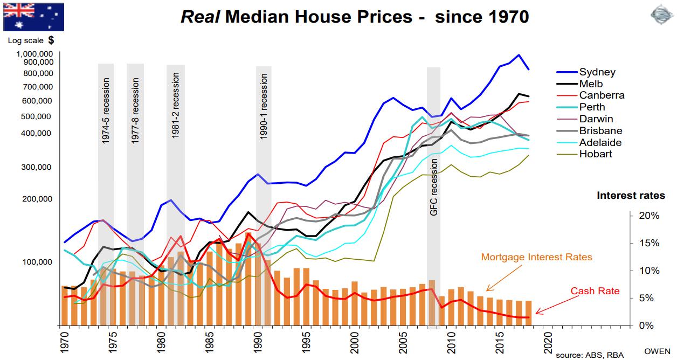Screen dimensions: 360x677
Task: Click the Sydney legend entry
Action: (x=597, y=72)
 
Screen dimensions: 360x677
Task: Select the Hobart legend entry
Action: (x=596, y=154)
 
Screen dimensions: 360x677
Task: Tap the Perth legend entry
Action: (x=592, y=107)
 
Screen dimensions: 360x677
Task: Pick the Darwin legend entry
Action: (x=596, y=119)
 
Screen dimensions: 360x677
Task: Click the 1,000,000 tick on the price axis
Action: (x=34, y=54)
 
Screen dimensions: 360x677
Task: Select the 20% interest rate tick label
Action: (x=649, y=216)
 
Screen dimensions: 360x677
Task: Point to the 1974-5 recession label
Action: (x=106, y=111)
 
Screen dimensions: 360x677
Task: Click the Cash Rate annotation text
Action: (x=595, y=292)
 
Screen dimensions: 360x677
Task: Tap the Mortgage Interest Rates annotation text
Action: (x=536, y=257)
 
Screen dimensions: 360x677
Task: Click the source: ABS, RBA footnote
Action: (x=590, y=355)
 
